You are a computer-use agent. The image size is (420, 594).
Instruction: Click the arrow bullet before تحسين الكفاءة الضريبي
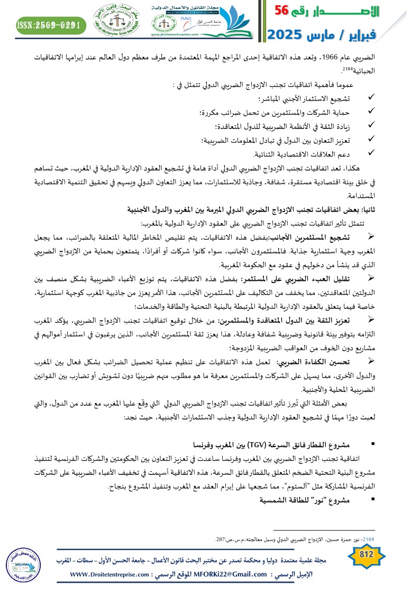(371, 345)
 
